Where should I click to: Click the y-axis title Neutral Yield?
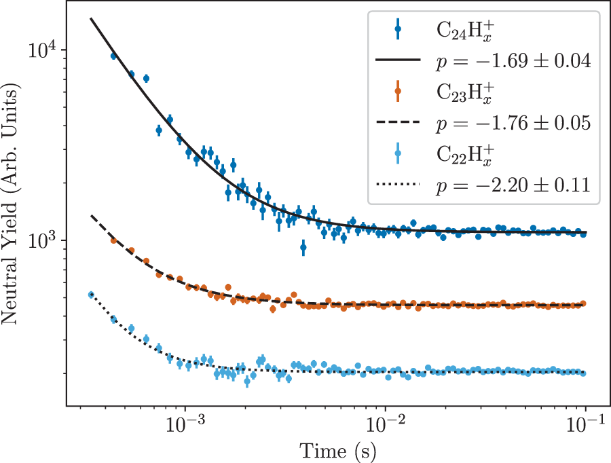[x=12, y=204]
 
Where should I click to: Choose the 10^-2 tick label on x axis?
[x=385, y=426]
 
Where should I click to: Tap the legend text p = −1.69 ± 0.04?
[x=512, y=62]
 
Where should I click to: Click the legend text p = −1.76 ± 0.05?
[x=512, y=123]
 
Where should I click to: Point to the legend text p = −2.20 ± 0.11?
[x=512, y=184]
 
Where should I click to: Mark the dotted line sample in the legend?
[x=398, y=183]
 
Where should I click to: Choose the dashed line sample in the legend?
[x=398, y=122]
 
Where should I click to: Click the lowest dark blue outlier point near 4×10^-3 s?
[x=303, y=248]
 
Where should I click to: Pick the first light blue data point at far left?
[x=91, y=294]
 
